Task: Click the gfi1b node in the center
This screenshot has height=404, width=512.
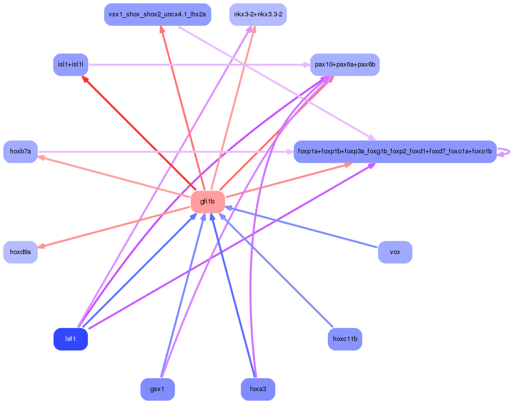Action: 208,202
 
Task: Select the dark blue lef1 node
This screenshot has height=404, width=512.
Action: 70,339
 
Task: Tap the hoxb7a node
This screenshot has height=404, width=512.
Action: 20,151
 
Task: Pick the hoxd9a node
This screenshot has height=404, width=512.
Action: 20,252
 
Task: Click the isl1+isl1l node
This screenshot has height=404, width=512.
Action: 70,65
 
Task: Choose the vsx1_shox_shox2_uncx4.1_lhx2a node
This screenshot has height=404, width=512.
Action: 157,15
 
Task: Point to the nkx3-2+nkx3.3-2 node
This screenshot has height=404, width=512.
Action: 258,15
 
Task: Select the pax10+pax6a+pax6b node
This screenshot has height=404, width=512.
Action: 345,65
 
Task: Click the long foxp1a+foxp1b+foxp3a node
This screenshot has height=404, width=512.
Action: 395,151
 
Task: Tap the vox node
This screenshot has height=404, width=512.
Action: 395,252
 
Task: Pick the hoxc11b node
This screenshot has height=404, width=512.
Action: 345,339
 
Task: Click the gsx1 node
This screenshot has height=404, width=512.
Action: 157,389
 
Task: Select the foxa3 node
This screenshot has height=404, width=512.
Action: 258,389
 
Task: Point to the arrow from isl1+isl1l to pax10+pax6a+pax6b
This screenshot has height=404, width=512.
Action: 199,65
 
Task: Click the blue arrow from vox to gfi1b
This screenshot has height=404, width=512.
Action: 301,227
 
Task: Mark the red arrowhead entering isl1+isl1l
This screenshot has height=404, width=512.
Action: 84,79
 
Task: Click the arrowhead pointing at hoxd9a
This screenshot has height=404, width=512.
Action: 41,246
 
